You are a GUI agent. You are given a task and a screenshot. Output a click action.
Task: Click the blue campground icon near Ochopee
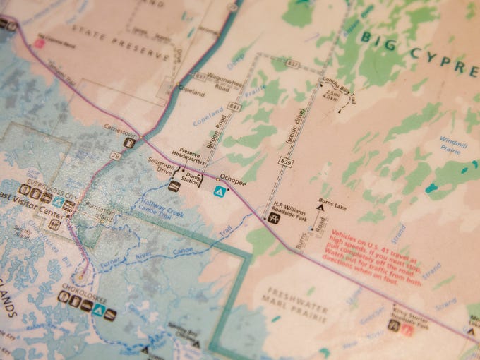220,191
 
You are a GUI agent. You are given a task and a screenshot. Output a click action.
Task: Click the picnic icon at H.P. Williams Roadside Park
275,219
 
